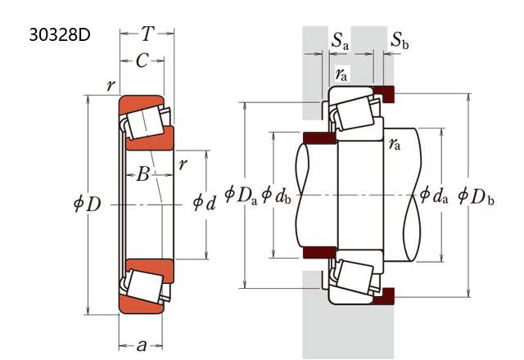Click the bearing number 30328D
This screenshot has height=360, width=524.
58,37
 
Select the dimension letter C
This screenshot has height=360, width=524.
142,60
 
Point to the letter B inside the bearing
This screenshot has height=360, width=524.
143,173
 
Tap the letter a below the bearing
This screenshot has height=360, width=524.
142,345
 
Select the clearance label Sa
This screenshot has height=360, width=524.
340,41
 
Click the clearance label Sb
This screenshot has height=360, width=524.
400,41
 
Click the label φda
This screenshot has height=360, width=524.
434,195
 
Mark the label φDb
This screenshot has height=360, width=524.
476,196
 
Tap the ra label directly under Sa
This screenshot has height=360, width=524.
341,74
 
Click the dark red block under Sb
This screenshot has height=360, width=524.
385,93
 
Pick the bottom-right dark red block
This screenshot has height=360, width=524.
385,294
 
